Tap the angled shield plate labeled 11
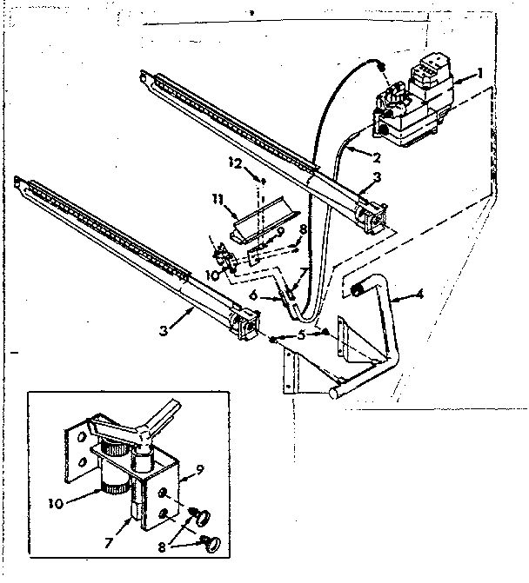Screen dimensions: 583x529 261,218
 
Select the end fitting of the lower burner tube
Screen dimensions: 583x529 244,324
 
